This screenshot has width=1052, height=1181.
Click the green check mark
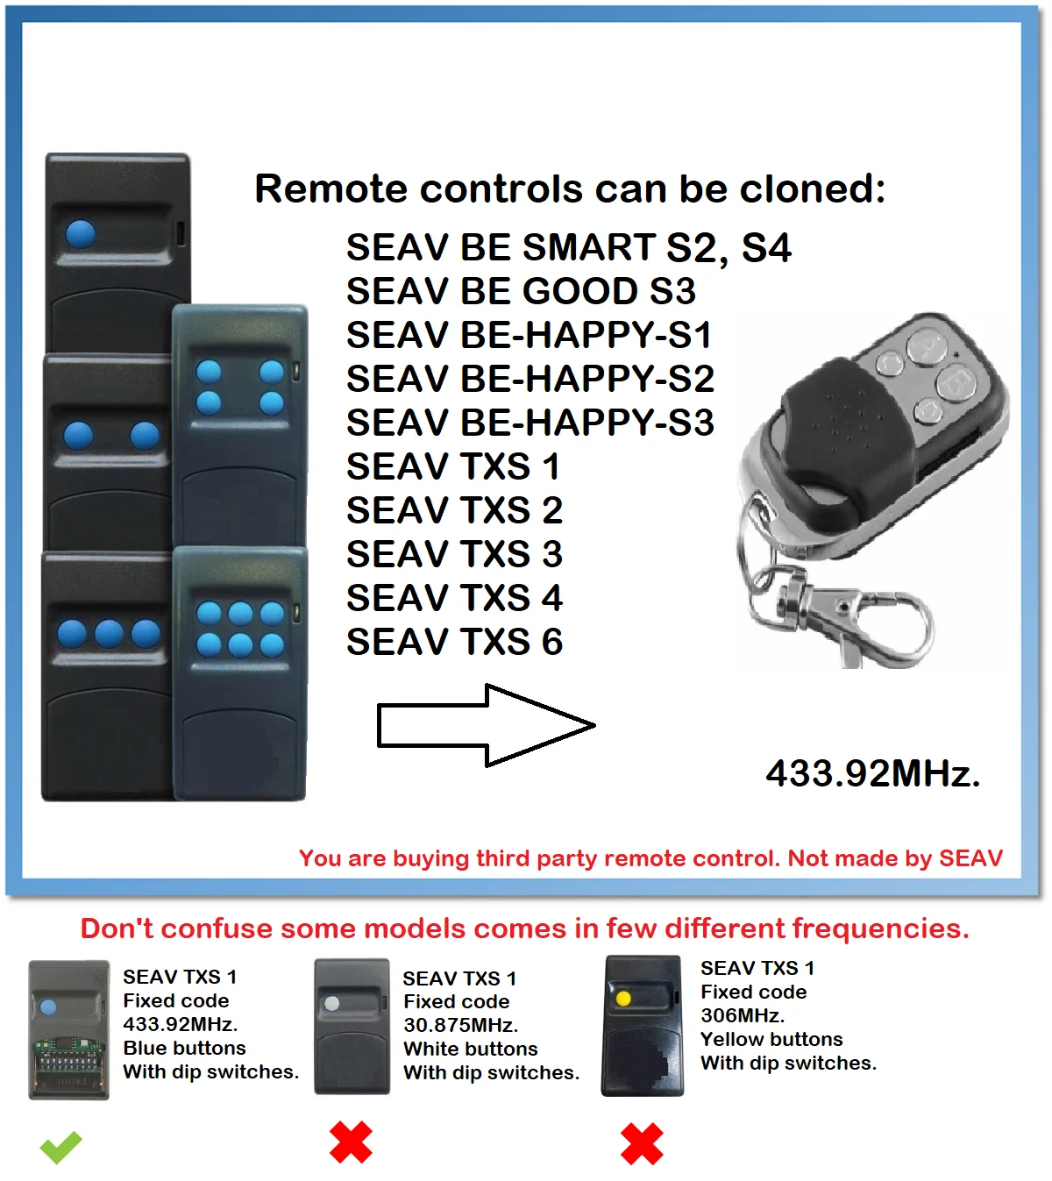(x=60, y=1147)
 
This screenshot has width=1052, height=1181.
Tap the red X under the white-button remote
(x=351, y=1142)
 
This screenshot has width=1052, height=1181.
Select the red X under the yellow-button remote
(x=642, y=1144)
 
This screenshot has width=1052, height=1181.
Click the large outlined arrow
(x=486, y=725)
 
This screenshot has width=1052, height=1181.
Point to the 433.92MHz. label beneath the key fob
(x=872, y=773)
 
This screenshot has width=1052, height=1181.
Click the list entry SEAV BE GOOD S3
(x=521, y=291)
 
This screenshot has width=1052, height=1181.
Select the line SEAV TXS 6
(x=454, y=642)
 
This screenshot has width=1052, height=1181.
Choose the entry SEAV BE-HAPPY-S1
(x=529, y=335)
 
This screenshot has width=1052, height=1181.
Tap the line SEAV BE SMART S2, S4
(x=568, y=247)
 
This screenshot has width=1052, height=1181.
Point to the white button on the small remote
(x=332, y=1003)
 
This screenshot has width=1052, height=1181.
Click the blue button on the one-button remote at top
(x=81, y=233)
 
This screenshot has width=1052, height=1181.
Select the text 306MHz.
(x=743, y=1015)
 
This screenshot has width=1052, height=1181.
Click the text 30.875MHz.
(x=460, y=1025)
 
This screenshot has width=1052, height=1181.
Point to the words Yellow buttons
(x=771, y=1039)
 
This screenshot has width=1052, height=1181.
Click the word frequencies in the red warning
(x=880, y=928)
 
